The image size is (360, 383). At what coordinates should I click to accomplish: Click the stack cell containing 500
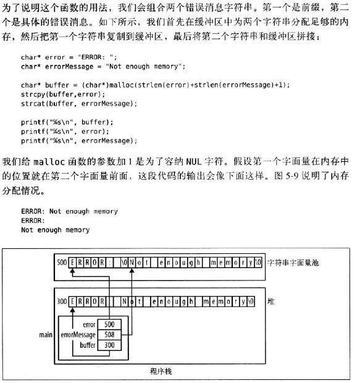click(x=109, y=324)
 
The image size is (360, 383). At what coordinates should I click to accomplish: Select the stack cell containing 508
click(x=109, y=335)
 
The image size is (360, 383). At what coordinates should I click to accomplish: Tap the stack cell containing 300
click(x=109, y=345)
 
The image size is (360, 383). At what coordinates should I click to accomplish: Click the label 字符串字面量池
click(x=293, y=263)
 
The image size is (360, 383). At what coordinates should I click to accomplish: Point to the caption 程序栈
click(x=161, y=371)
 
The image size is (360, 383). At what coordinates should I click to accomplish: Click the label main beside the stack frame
click(x=46, y=335)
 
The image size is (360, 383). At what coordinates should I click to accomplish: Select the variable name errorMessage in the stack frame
click(x=78, y=335)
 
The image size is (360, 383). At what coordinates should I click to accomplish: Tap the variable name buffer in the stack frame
click(x=88, y=345)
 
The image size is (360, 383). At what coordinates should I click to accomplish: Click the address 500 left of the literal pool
click(x=62, y=263)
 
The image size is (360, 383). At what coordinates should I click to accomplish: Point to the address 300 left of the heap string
click(x=62, y=301)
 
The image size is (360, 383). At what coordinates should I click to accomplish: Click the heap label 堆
click(x=271, y=301)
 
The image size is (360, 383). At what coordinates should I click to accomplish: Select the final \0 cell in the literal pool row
click(x=258, y=263)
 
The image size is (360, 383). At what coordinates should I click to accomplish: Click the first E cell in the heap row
click(x=72, y=301)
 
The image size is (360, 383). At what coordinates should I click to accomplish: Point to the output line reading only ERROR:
click(x=33, y=221)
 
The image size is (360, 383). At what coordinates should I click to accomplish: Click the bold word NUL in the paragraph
click(x=194, y=162)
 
